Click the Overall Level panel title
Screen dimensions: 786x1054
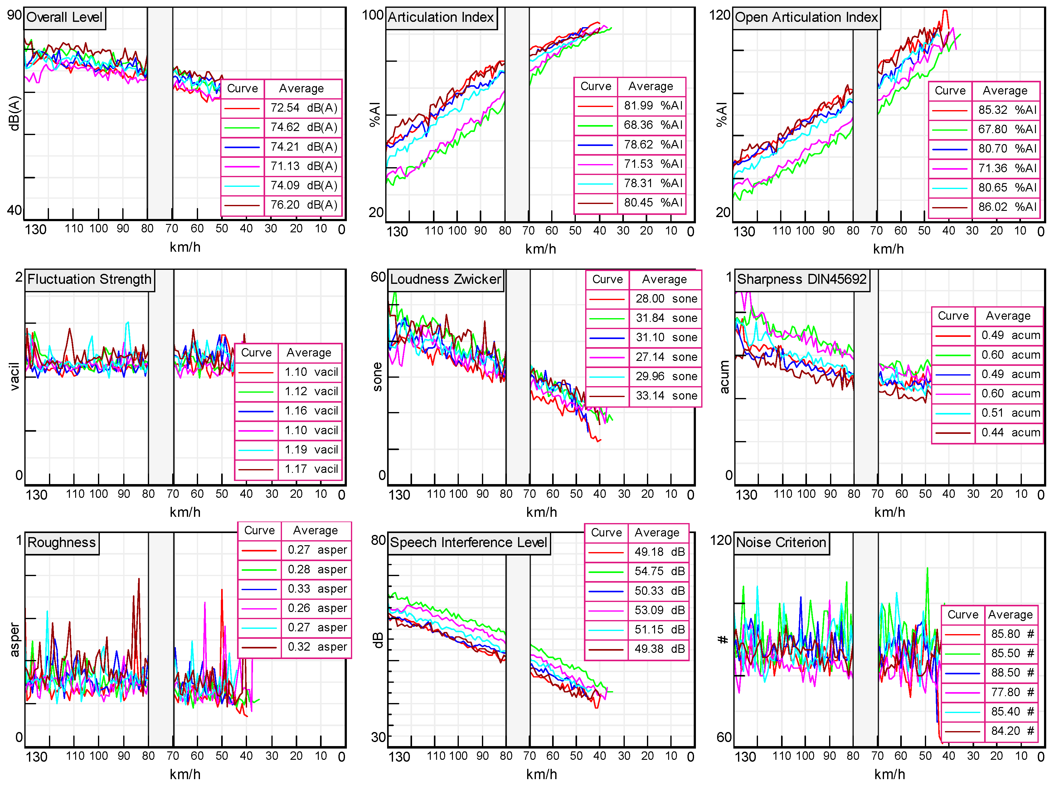[x=64, y=17]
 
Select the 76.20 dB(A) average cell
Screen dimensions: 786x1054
[x=304, y=205]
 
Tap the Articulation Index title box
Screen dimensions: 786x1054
[x=441, y=17]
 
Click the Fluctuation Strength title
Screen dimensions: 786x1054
[x=89, y=279]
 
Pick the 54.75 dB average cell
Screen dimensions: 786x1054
[x=659, y=571]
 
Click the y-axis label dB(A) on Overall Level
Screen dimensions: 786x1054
[x=15, y=113]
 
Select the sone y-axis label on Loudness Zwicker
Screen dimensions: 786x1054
[x=377, y=377]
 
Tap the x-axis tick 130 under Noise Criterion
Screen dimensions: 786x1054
[x=745, y=757]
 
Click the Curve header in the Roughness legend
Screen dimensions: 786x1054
[x=259, y=531]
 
